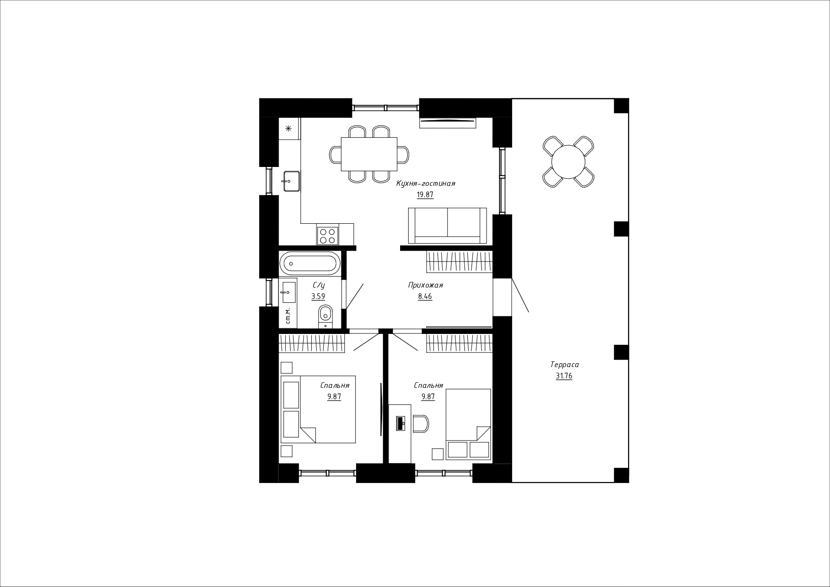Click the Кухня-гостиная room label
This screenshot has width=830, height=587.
tap(426, 184)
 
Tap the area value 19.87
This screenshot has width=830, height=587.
tap(425, 194)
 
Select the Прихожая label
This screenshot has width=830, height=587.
tap(425, 285)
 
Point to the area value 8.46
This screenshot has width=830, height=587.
tap(425, 297)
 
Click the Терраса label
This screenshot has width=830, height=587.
tap(564, 365)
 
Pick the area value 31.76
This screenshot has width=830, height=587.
tap(564, 376)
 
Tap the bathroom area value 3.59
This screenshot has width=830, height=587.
tap(318, 297)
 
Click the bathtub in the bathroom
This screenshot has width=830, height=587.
tap(310, 263)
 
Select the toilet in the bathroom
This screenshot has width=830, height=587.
tap(325, 316)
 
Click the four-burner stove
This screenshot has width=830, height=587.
tap(328, 236)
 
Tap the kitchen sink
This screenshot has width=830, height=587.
tap(291, 181)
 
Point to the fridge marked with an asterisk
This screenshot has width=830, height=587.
tap(289, 128)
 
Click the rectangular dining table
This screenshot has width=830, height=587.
tap(369, 154)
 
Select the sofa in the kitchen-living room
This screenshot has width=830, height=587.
tap(447, 225)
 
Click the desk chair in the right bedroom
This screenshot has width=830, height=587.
tap(420, 423)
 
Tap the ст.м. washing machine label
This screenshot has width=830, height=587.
tap(288, 316)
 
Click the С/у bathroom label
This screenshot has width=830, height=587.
tap(319, 285)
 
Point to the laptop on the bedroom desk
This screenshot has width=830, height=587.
tap(400, 423)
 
